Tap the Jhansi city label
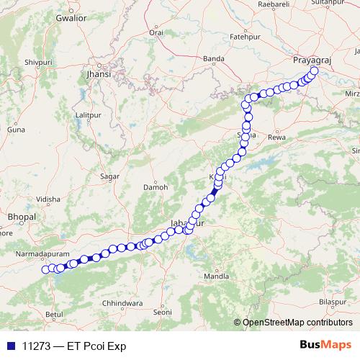(99, 73)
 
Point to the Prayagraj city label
(310, 60)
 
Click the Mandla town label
(216, 276)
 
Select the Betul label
(53, 315)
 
